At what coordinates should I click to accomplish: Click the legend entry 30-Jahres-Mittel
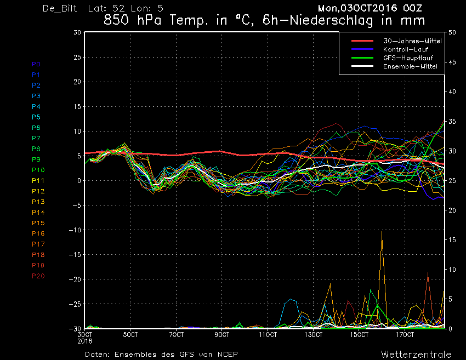(x=412, y=41)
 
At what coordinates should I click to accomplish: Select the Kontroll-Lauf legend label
(x=405, y=49)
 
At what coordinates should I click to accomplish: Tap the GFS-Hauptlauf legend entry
(x=408, y=58)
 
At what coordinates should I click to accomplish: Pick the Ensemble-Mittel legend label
(x=410, y=66)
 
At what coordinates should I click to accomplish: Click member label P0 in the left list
(x=36, y=64)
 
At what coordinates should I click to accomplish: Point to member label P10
(x=38, y=170)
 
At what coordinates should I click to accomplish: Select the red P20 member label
(x=38, y=276)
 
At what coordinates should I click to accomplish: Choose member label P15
(x=38, y=223)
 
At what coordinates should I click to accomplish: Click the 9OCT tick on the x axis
(x=221, y=335)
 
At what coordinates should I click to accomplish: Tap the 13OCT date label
(x=313, y=335)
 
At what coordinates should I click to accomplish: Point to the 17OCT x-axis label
(x=405, y=335)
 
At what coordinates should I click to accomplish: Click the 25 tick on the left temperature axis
(x=77, y=57)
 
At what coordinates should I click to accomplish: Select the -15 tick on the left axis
(x=75, y=255)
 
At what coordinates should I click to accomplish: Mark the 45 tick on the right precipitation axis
(x=452, y=62)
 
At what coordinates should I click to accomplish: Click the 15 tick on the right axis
(x=452, y=240)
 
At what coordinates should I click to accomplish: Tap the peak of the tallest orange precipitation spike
(x=382, y=231)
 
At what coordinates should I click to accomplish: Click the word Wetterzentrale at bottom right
(x=416, y=355)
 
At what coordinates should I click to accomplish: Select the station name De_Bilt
(x=60, y=8)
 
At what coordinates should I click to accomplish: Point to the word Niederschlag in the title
(x=331, y=20)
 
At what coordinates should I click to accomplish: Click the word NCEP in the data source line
(x=228, y=355)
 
